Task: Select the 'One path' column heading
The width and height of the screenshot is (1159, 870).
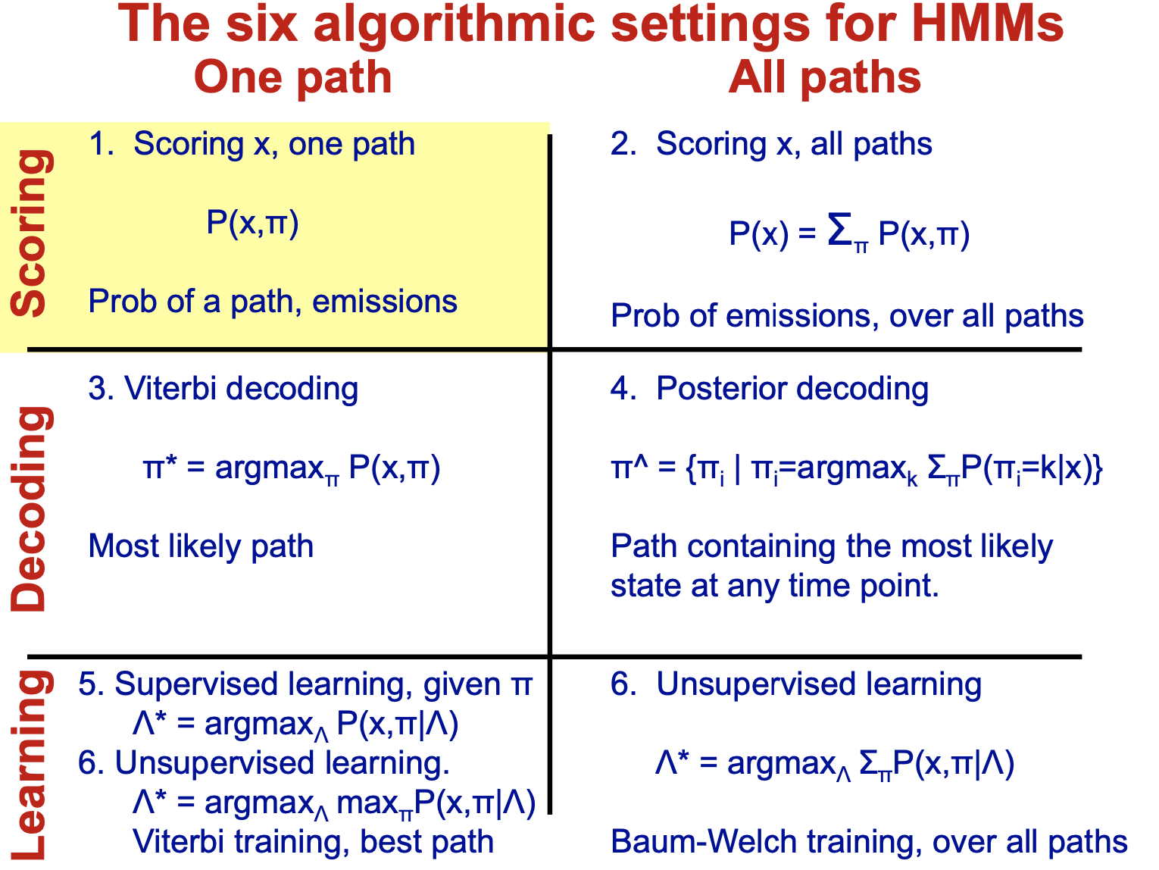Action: pos(292,77)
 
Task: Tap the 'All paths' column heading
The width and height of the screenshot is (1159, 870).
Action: pos(824,77)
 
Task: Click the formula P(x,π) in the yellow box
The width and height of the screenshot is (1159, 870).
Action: pos(252,223)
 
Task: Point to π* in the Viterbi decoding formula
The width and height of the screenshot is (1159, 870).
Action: pos(160,468)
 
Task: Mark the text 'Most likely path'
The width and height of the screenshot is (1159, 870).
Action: pos(201,546)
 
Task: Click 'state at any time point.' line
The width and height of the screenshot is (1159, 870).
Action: pos(774,586)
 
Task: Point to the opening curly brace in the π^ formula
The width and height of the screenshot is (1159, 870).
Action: pos(690,469)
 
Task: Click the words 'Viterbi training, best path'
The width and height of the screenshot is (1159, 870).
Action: pos(313,842)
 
